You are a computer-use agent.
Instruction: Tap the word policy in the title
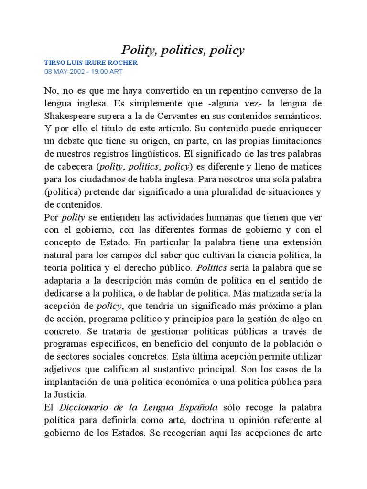pos(226,50)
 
